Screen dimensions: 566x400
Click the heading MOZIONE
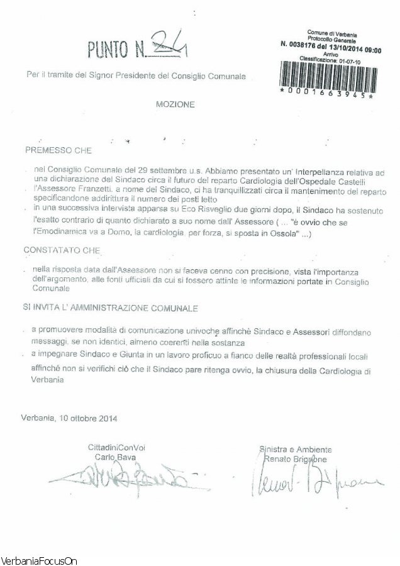(175, 105)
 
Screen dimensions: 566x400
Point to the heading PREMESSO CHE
(58, 151)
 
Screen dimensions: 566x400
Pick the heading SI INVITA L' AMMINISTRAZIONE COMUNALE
(110, 309)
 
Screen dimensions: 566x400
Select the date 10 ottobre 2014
(87, 417)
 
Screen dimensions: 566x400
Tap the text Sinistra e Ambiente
(296, 450)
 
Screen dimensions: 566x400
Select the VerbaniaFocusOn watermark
(38, 560)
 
